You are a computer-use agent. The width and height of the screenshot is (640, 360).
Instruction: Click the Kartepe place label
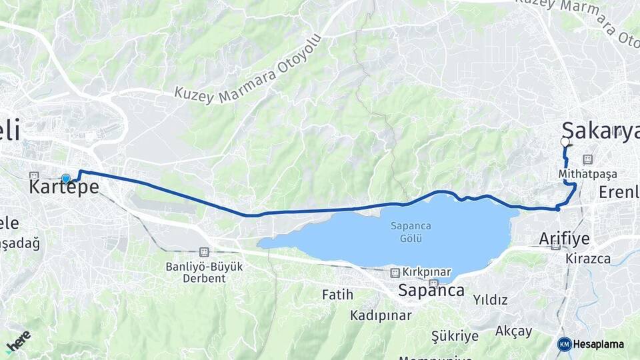point(64,188)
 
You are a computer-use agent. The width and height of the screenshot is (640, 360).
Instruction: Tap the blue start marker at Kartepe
point(66,178)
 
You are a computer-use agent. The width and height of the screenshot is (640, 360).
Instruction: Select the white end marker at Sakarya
point(565,142)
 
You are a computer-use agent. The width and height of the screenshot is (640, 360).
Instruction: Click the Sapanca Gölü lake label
point(411,231)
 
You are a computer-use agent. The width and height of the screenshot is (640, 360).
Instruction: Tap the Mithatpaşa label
point(588,173)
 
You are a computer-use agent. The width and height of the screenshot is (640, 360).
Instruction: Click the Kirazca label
point(588,258)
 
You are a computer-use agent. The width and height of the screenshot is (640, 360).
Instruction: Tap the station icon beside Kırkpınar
point(395,273)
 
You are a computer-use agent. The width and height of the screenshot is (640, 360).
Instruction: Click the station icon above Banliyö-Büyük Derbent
point(203,252)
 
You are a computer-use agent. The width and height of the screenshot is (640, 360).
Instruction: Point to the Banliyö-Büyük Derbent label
point(196,272)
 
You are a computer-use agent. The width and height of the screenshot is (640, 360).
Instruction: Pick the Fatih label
point(337,294)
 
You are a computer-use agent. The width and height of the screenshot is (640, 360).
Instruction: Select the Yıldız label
point(490,300)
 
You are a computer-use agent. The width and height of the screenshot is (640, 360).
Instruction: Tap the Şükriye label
point(455,335)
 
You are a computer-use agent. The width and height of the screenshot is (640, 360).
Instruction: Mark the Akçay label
point(514,331)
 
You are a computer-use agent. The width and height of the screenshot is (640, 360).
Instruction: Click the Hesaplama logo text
point(599,344)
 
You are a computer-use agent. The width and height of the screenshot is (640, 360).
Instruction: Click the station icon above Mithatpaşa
point(587,159)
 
